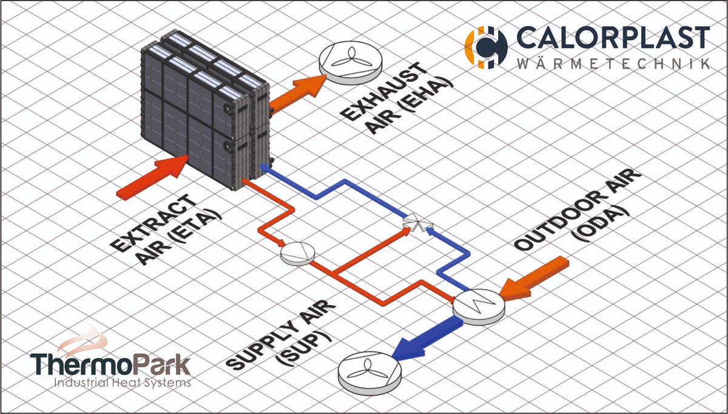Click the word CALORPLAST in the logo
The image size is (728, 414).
613,38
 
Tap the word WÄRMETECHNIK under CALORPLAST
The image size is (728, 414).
613,63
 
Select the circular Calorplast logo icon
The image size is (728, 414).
485,46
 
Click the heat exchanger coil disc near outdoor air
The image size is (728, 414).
479,302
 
